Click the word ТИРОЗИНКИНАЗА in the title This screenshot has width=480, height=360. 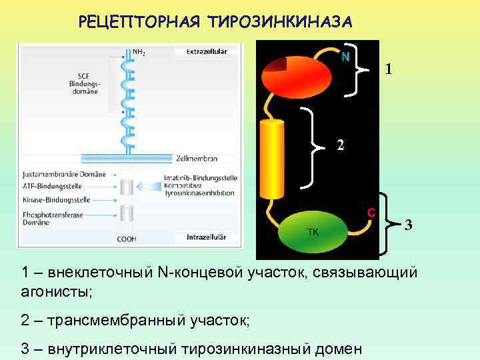[x=279, y=22]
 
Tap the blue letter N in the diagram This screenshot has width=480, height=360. [x=345, y=57]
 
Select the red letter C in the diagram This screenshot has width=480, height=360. [x=371, y=213]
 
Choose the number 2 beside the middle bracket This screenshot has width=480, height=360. [x=340, y=145]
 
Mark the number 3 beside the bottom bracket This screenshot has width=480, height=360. [x=409, y=225]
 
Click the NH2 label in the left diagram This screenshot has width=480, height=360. [x=140, y=51]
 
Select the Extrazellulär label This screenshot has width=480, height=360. [x=206, y=51]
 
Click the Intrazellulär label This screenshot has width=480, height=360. [x=206, y=237]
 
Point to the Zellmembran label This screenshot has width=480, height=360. [x=197, y=159]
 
